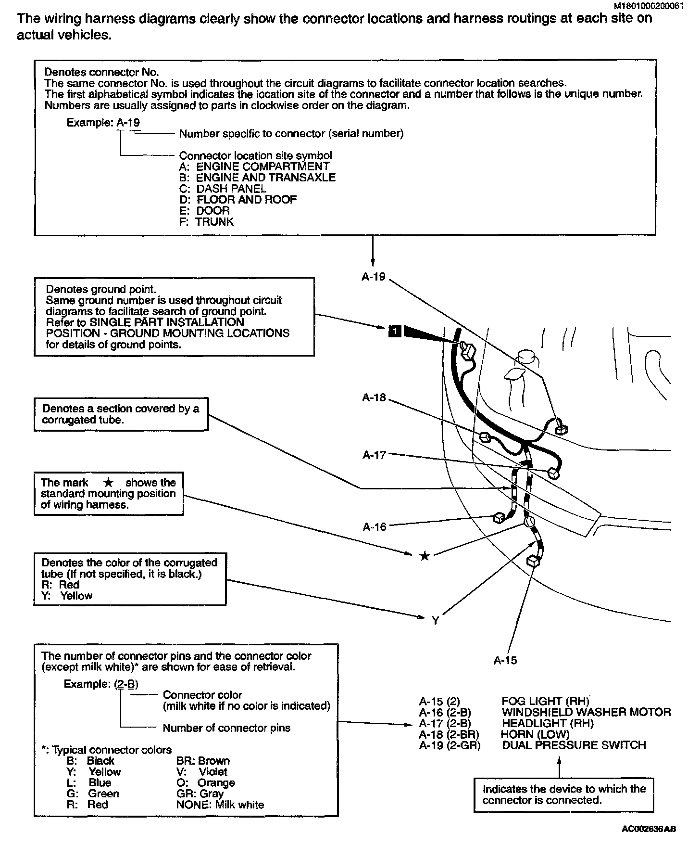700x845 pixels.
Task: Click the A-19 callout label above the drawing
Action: (x=374, y=277)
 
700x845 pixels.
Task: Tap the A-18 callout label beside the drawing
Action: (x=374, y=397)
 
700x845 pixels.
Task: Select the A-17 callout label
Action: (x=374, y=455)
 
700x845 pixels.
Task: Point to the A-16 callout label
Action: (x=375, y=527)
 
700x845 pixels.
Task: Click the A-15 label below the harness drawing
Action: (x=505, y=660)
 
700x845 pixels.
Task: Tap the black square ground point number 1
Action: (x=394, y=331)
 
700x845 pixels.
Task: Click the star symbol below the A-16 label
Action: (x=425, y=556)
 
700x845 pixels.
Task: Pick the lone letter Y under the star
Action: (x=435, y=621)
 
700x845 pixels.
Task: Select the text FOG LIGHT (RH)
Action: (x=545, y=701)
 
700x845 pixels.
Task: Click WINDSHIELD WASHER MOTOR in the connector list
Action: (x=586, y=712)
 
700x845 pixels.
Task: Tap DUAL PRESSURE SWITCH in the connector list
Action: (x=574, y=745)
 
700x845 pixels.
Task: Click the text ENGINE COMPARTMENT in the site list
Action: (x=262, y=166)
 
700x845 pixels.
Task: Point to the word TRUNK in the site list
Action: (x=214, y=222)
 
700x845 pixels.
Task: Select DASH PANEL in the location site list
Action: (x=231, y=189)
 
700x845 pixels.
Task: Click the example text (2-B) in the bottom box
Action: (x=127, y=684)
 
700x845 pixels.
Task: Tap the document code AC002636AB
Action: (x=649, y=829)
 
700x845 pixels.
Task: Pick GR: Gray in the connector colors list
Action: (x=200, y=794)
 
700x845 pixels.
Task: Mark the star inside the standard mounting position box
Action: (x=109, y=483)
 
